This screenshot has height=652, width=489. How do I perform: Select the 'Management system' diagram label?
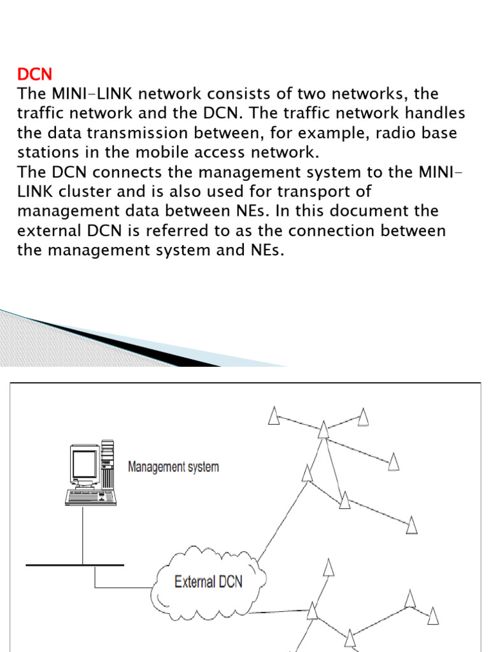[173, 467]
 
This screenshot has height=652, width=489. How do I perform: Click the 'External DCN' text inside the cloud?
[208, 582]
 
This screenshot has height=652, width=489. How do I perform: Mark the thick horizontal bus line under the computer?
[75, 564]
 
